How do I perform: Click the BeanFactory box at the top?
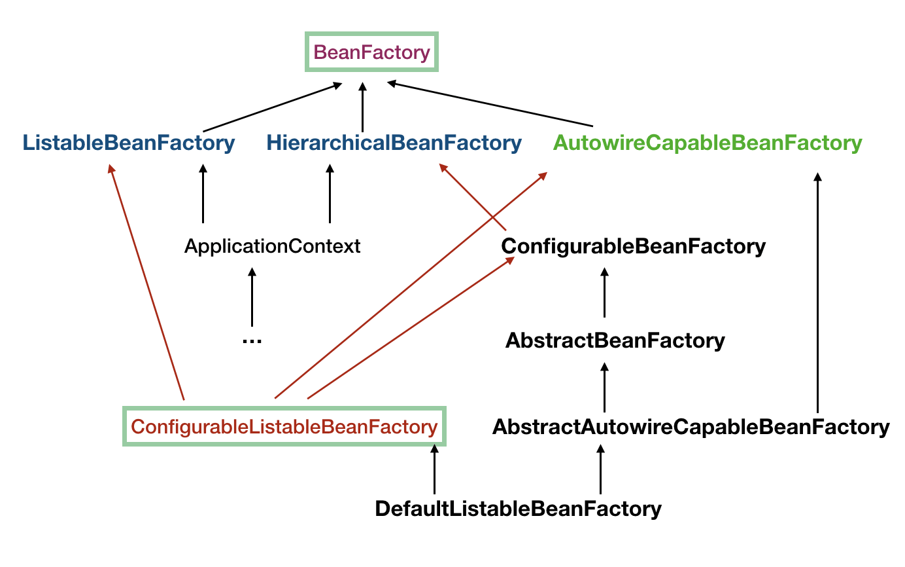372,52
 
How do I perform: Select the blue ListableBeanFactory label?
129,143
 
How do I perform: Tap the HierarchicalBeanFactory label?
394,143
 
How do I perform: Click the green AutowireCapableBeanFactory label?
708,143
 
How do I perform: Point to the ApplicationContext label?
272,246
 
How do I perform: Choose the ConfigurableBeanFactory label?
633,246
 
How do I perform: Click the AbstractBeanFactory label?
615,340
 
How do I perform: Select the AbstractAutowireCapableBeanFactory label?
691,427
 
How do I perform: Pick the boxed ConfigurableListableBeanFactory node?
284,427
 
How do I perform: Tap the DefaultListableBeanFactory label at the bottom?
518,509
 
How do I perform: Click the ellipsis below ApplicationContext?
252,340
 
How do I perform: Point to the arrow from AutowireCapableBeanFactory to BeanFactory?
490,104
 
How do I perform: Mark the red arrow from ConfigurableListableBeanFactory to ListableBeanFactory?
148,282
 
